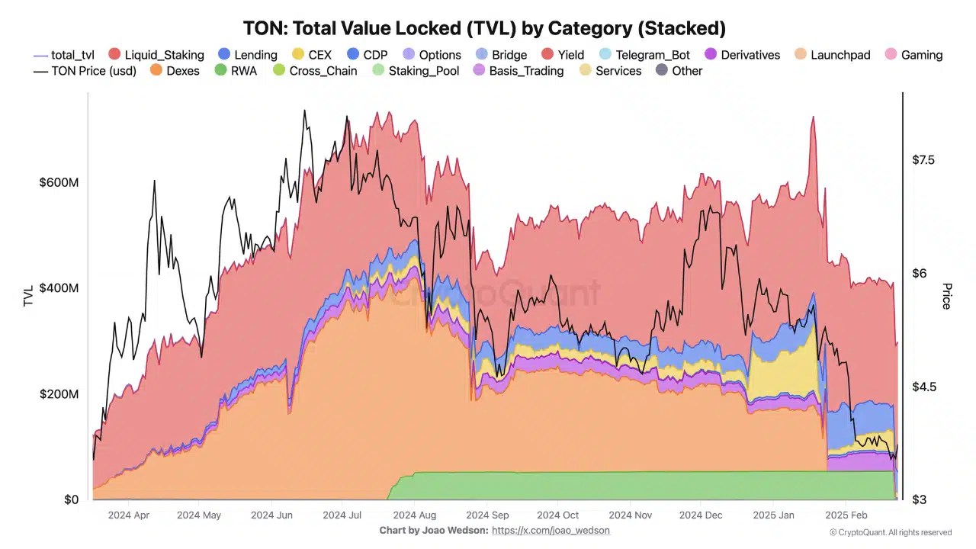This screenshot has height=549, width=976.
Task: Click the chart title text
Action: [x=484, y=29]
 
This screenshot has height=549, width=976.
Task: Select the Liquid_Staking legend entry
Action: [x=156, y=55]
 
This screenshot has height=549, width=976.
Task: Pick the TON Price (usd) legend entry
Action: [x=85, y=71]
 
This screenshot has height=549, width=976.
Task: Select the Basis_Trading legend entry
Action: [x=518, y=71]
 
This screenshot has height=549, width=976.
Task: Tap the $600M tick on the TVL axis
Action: [x=59, y=183]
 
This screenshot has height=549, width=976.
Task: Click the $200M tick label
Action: [x=59, y=394]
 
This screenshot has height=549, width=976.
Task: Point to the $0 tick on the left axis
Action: [x=71, y=500]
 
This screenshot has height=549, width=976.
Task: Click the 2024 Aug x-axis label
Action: [x=415, y=515]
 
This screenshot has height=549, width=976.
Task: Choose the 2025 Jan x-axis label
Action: [x=774, y=515]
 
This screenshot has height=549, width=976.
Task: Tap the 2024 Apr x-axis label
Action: [x=129, y=515]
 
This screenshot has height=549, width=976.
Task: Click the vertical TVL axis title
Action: [x=28, y=296]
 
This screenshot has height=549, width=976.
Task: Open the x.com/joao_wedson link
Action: [x=551, y=530]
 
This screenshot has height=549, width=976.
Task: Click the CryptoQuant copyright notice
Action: [x=890, y=532]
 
